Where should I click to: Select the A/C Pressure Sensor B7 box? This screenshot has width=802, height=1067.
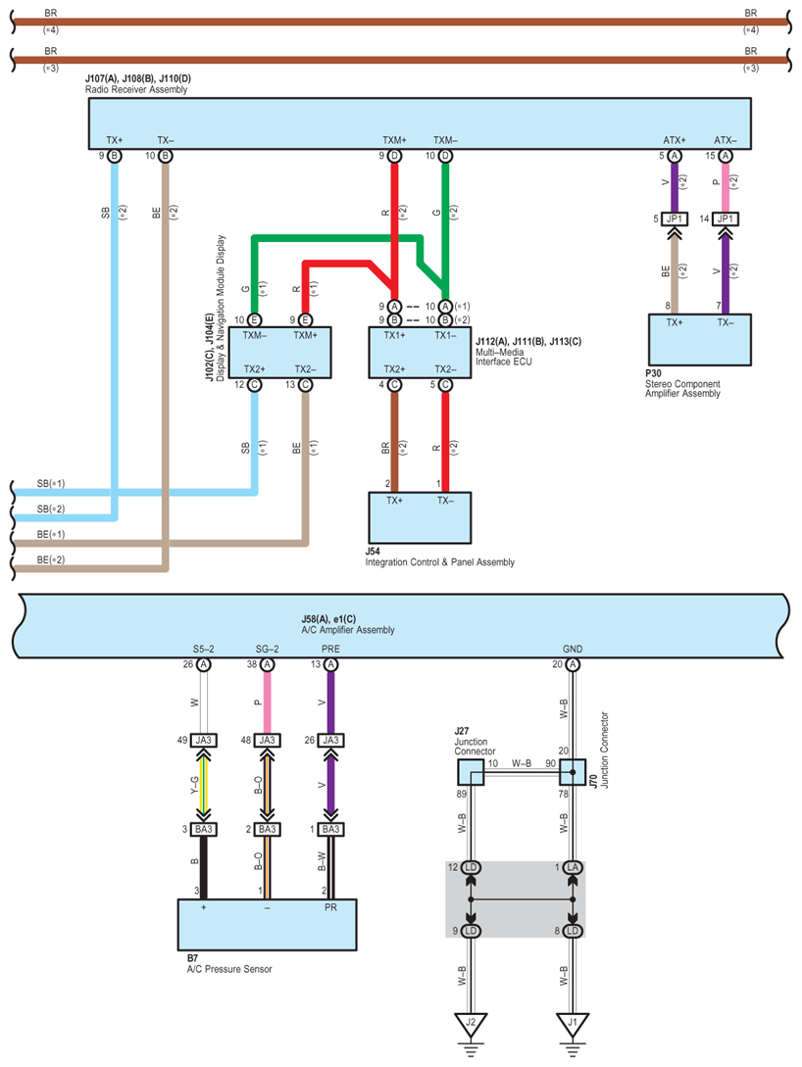pyautogui.click(x=266, y=924)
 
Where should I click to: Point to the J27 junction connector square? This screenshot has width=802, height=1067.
pyautogui.click(x=471, y=771)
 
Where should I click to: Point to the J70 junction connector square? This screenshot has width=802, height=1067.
pyautogui.click(x=573, y=771)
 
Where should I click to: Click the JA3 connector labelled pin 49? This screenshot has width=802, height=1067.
pyautogui.click(x=204, y=740)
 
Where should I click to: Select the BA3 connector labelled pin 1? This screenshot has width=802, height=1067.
pyautogui.click(x=330, y=830)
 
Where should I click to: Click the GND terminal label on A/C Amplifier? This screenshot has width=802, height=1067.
pyautogui.click(x=573, y=649)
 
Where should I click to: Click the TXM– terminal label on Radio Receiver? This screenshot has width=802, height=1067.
pyautogui.click(x=446, y=140)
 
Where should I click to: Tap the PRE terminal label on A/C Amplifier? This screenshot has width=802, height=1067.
pyautogui.click(x=330, y=649)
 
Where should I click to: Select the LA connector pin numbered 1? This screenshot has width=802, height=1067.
pyautogui.click(x=573, y=868)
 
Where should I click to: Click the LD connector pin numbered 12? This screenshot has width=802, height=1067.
pyautogui.click(x=471, y=868)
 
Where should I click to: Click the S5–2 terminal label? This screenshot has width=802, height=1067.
pyautogui.click(x=204, y=649)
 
